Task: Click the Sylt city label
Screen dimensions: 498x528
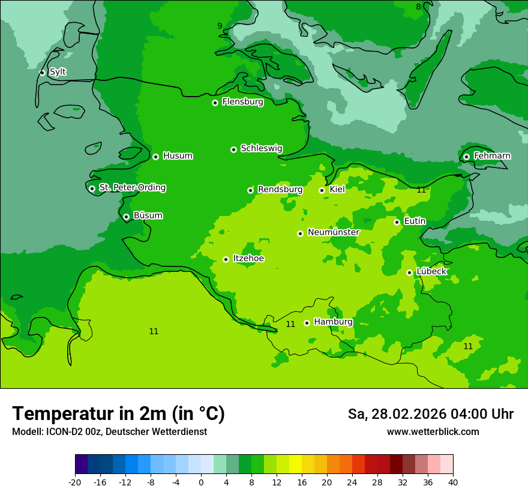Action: [x=58, y=72]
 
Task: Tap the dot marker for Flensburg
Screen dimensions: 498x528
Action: [x=215, y=103]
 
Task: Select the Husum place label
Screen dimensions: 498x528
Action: [x=178, y=156]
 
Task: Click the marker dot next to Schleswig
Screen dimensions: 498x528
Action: [x=233, y=149]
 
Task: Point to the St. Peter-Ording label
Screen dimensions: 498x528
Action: [x=132, y=188]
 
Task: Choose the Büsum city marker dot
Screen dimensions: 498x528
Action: [x=126, y=217]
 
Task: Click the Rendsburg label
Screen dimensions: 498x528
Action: [x=280, y=190]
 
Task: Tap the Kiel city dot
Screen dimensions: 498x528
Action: [x=322, y=190]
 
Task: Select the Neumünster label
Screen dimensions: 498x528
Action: [x=333, y=232]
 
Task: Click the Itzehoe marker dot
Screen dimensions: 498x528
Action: [x=226, y=259]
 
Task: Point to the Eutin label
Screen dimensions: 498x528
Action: [x=415, y=221]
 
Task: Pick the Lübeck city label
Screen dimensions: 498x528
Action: [x=431, y=272]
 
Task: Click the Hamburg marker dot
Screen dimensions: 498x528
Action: [x=307, y=323]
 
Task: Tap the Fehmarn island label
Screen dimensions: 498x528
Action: [x=492, y=156]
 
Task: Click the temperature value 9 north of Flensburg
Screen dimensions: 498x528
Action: [x=220, y=26]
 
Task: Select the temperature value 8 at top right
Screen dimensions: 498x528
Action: [x=418, y=7]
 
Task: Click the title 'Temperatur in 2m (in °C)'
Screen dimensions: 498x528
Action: [x=118, y=414]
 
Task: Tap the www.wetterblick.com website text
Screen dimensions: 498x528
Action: [x=433, y=432]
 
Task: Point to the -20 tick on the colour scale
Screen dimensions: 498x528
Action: [x=75, y=482]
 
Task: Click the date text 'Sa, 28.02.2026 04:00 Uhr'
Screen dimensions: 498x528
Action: [x=430, y=414]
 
